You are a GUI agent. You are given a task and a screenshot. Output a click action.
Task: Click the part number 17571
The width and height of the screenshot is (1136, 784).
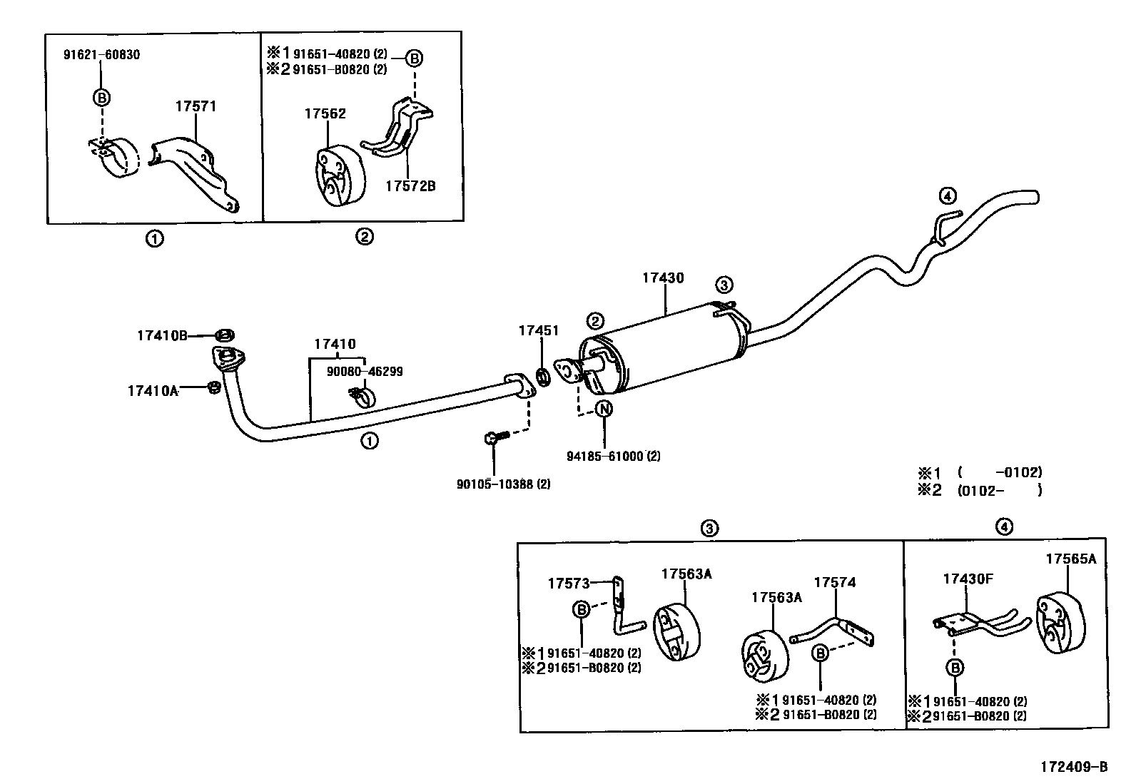pyautogui.click(x=195, y=107)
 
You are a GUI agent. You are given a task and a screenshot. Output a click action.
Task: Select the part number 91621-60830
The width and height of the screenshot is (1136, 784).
pyautogui.click(x=102, y=54)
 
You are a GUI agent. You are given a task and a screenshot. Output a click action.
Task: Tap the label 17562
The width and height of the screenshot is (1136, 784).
pyautogui.click(x=325, y=114)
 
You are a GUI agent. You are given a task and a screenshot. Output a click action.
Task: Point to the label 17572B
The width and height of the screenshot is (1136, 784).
pyautogui.click(x=410, y=186)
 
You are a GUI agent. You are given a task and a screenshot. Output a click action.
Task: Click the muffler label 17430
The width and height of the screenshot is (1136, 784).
pyautogui.click(x=662, y=278)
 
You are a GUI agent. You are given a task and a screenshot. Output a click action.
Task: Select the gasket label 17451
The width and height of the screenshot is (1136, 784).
pyautogui.click(x=539, y=331)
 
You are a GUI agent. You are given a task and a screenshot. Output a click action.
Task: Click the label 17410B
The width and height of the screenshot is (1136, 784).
pyautogui.click(x=162, y=335)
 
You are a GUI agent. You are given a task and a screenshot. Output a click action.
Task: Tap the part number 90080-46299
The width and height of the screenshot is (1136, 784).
pyautogui.click(x=365, y=372)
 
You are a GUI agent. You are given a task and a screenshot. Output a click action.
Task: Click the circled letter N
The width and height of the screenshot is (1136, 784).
pyautogui.click(x=604, y=409)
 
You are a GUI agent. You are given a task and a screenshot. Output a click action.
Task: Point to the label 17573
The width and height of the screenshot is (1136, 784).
pyautogui.click(x=569, y=584)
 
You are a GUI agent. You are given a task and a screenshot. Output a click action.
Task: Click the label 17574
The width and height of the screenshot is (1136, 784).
pyautogui.click(x=834, y=582)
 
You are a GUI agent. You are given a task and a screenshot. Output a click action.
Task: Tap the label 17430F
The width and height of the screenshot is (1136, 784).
pyautogui.click(x=968, y=579)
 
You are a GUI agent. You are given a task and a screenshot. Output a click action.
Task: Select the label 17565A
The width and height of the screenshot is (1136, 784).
pyautogui.click(x=1070, y=559)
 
